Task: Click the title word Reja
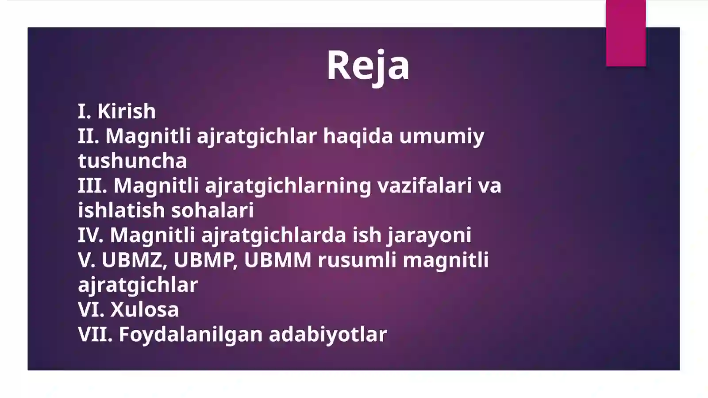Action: (368, 66)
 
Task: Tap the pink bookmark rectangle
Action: (626, 33)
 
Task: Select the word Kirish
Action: (127, 111)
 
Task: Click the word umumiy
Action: (442, 136)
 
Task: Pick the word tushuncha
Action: (132, 160)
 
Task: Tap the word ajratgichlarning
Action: (288, 185)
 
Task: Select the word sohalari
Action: (212, 210)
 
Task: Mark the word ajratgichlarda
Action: (273, 235)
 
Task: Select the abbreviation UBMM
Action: (277, 260)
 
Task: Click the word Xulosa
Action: (145, 309)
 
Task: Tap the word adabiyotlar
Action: (328, 334)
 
